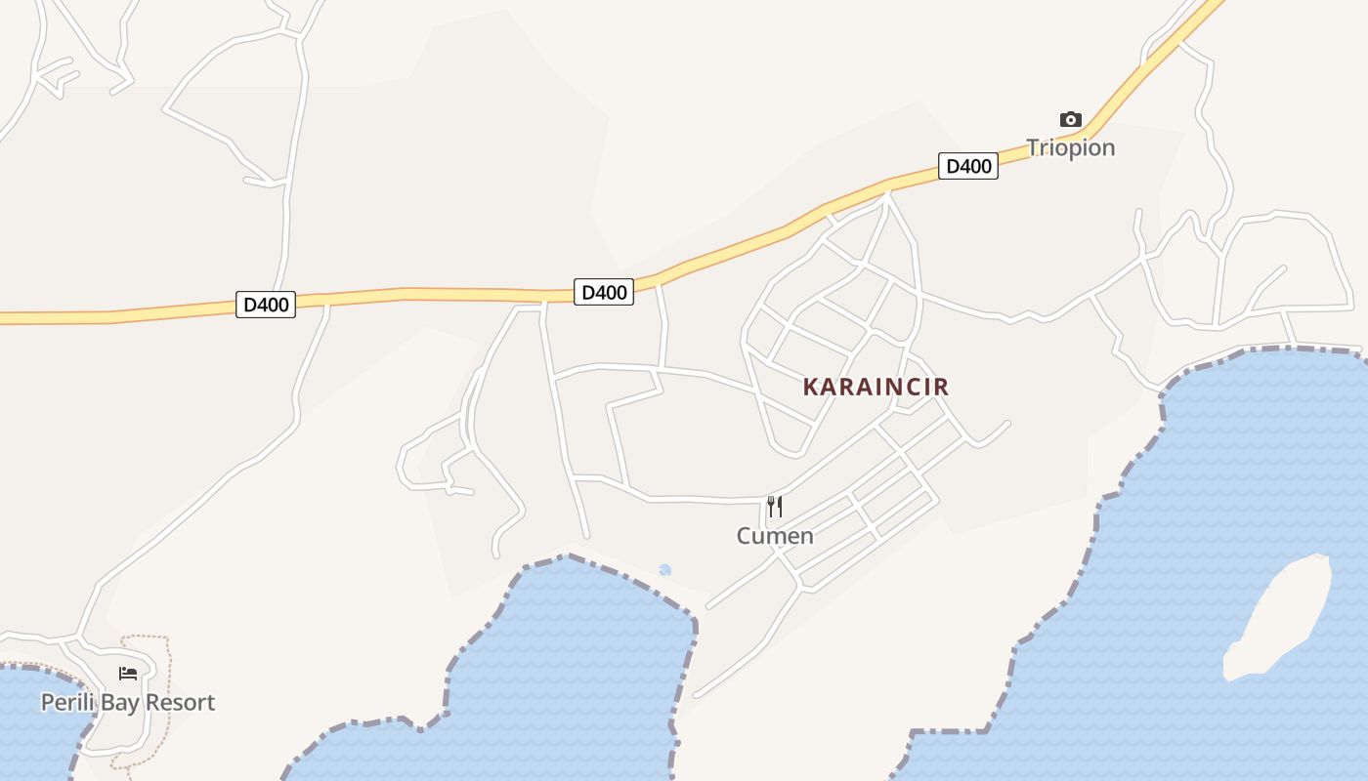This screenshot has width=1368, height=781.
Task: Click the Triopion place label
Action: pyautogui.click(x=1070, y=147)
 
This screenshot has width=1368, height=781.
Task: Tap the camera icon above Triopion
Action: pyautogui.click(x=1071, y=120)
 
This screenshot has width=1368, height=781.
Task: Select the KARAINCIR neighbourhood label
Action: pyautogui.click(x=876, y=387)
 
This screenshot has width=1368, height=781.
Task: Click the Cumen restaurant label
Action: pyautogui.click(x=775, y=535)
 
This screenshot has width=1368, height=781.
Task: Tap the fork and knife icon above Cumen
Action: pyautogui.click(x=775, y=506)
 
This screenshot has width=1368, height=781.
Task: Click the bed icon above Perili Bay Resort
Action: pyautogui.click(x=128, y=673)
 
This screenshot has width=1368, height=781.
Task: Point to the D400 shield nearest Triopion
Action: pyautogui.click(x=968, y=166)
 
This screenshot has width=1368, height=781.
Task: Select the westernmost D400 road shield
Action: pyautogui.click(x=266, y=305)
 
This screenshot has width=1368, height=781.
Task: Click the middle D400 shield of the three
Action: pyautogui.click(x=603, y=291)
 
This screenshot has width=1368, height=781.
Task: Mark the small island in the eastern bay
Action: pyautogui.click(x=1280, y=615)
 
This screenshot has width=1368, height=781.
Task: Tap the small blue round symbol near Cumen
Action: pyautogui.click(x=664, y=570)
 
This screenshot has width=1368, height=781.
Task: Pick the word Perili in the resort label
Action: pyautogui.click(x=63, y=702)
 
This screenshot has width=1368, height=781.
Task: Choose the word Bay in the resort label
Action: pyautogui.click(x=114, y=703)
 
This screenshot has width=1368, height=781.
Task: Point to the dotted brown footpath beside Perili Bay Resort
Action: pyautogui.click(x=167, y=683)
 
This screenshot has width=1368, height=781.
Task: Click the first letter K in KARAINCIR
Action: pyautogui.click(x=810, y=387)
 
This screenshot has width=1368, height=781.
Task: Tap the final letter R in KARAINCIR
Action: pyautogui.click(x=941, y=387)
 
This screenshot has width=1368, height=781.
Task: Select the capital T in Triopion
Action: pyautogui.click(x=1033, y=147)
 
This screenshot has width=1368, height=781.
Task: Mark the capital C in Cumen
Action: pyautogui.click(x=744, y=535)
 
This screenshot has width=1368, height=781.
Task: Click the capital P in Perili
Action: pyautogui.click(x=46, y=702)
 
